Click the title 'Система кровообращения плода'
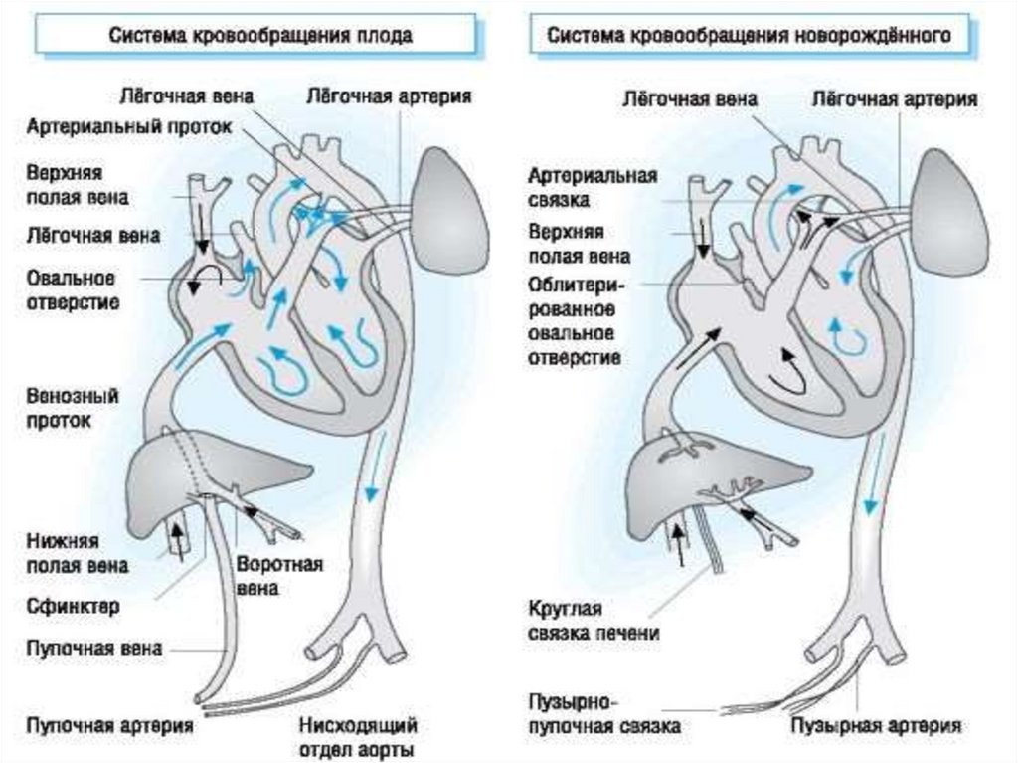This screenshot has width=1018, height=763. [x=260, y=35]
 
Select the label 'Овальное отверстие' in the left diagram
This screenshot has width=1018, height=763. [x=73, y=288]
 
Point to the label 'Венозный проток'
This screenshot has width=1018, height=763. [x=73, y=408]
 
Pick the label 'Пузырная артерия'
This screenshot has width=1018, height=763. [x=876, y=725]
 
